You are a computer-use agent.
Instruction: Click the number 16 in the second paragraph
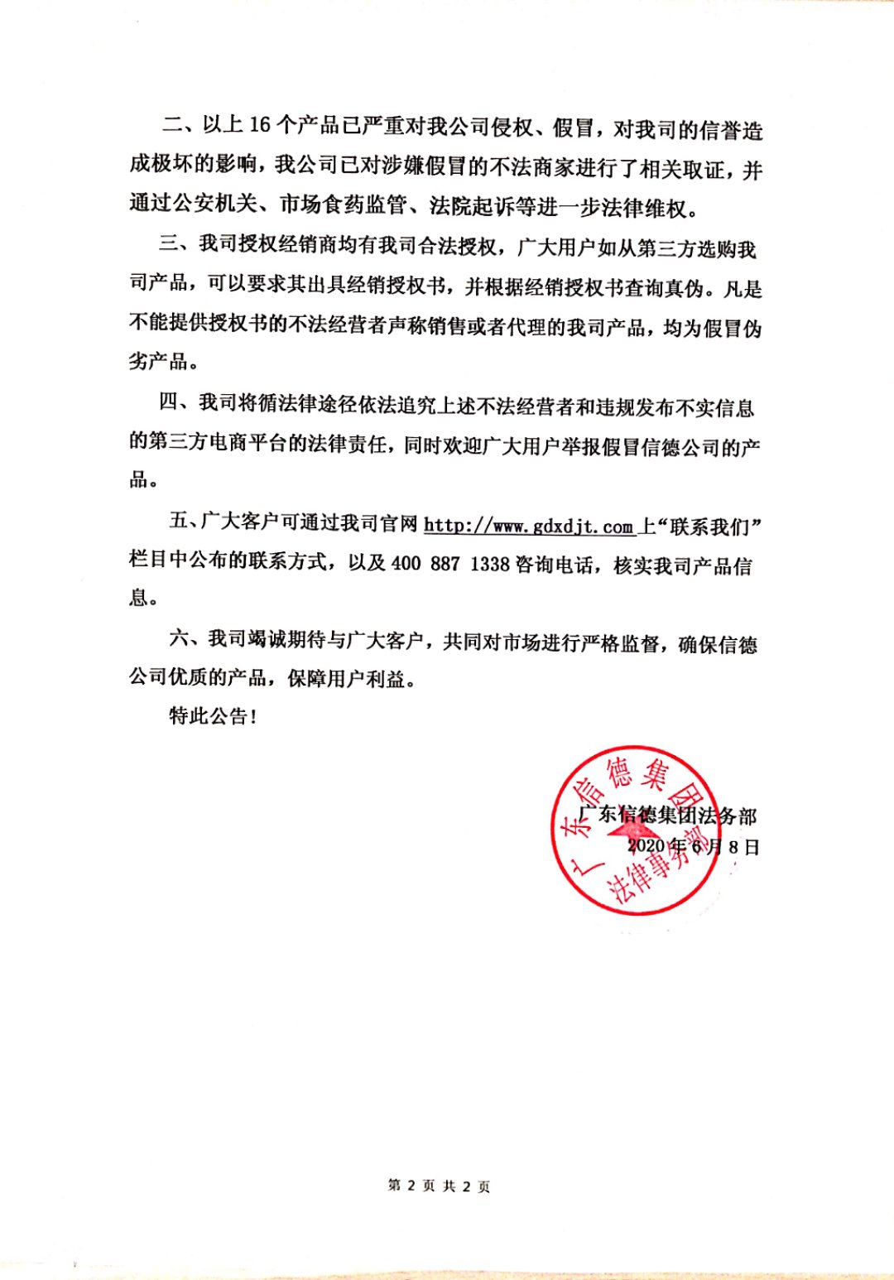[260, 125]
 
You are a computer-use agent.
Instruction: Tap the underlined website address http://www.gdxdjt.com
[529, 526]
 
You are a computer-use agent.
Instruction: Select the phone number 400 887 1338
[449, 564]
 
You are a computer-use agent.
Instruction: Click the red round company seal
[636, 830]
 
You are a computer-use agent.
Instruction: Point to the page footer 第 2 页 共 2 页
[439, 1186]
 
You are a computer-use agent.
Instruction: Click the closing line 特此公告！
[213, 716]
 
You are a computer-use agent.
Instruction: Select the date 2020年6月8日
[693, 846]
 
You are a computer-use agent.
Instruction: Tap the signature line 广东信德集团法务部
[667, 816]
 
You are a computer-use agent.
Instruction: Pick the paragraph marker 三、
[177, 245]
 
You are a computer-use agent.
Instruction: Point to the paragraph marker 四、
[177, 403]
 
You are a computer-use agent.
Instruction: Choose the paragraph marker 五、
[184, 521]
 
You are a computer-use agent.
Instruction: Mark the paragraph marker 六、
[185, 638]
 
